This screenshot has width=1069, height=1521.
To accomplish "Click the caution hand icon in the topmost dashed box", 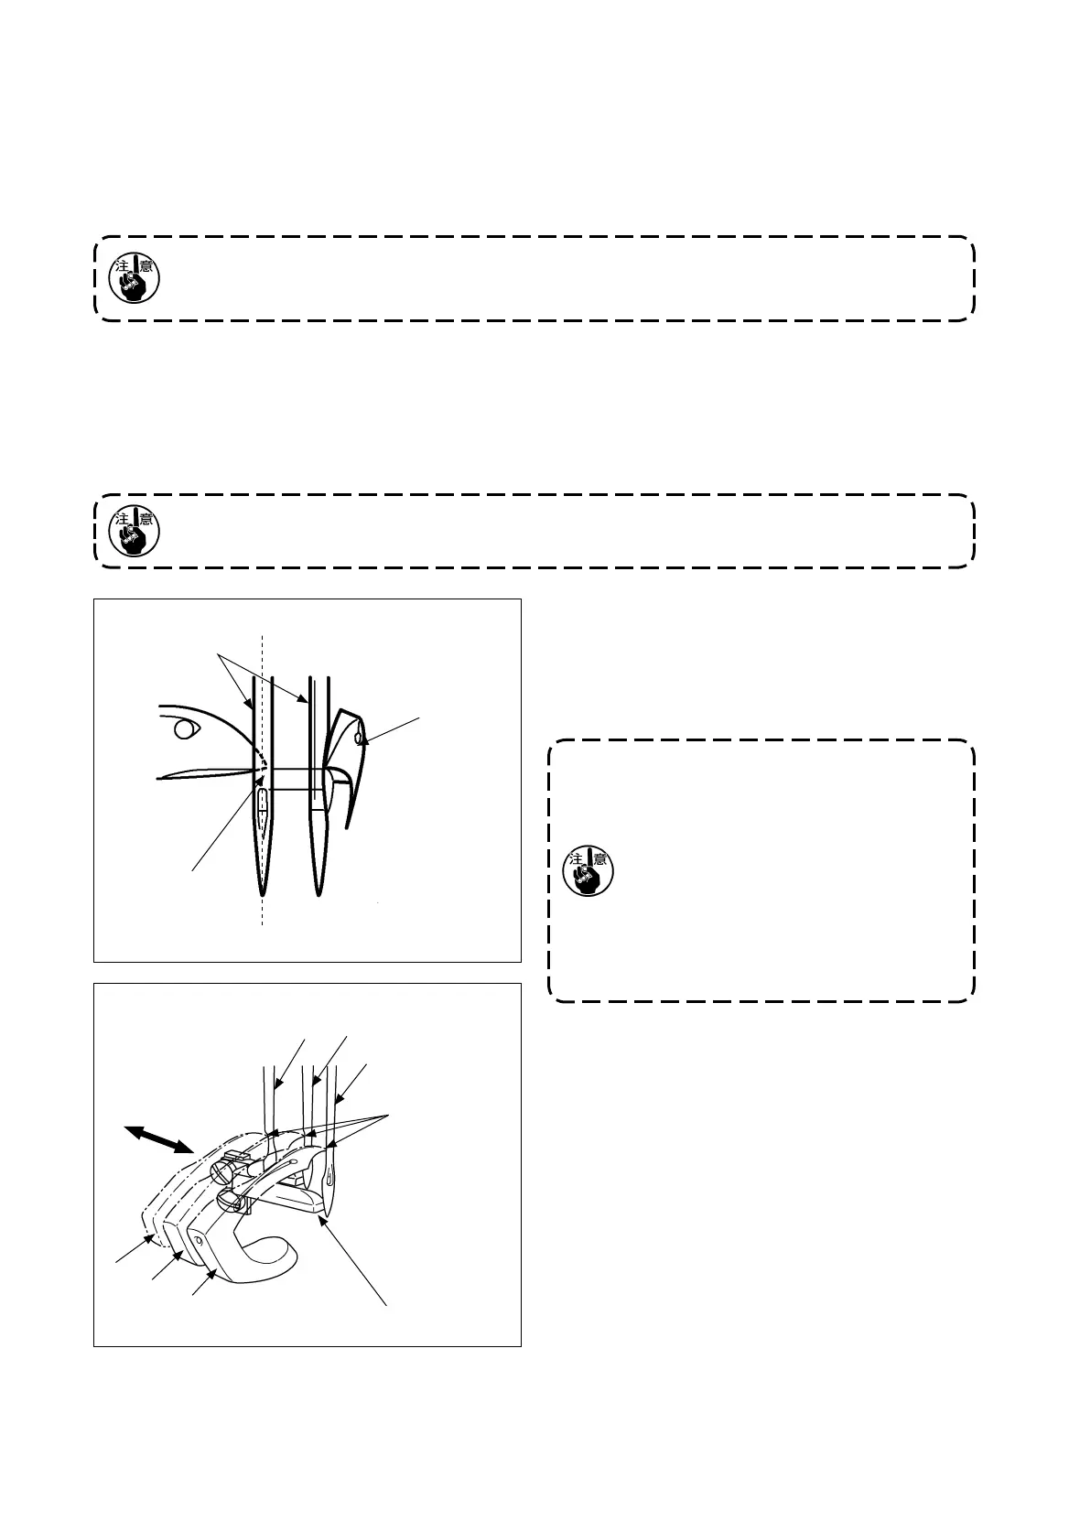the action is tap(134, 278).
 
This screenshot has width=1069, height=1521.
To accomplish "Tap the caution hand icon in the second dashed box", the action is tap(134, 532).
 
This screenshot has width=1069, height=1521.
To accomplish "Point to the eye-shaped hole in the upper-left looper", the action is tap(186, 729).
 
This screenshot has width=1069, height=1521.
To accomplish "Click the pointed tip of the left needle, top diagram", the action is tap(262, 894).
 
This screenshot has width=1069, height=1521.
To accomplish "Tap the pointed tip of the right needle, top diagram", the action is tap(319, 894).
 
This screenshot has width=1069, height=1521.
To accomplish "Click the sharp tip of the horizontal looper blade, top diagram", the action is tap(158, 778).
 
